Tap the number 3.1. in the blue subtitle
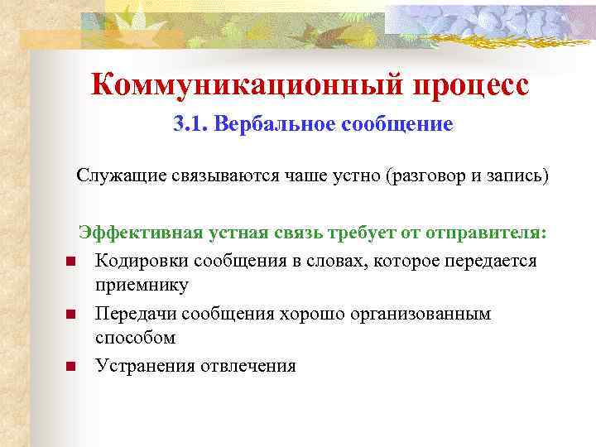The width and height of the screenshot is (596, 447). tap(190, 125)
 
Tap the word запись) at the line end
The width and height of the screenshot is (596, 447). tap(517, 177)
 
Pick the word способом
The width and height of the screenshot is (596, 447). tap(135, 339)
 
